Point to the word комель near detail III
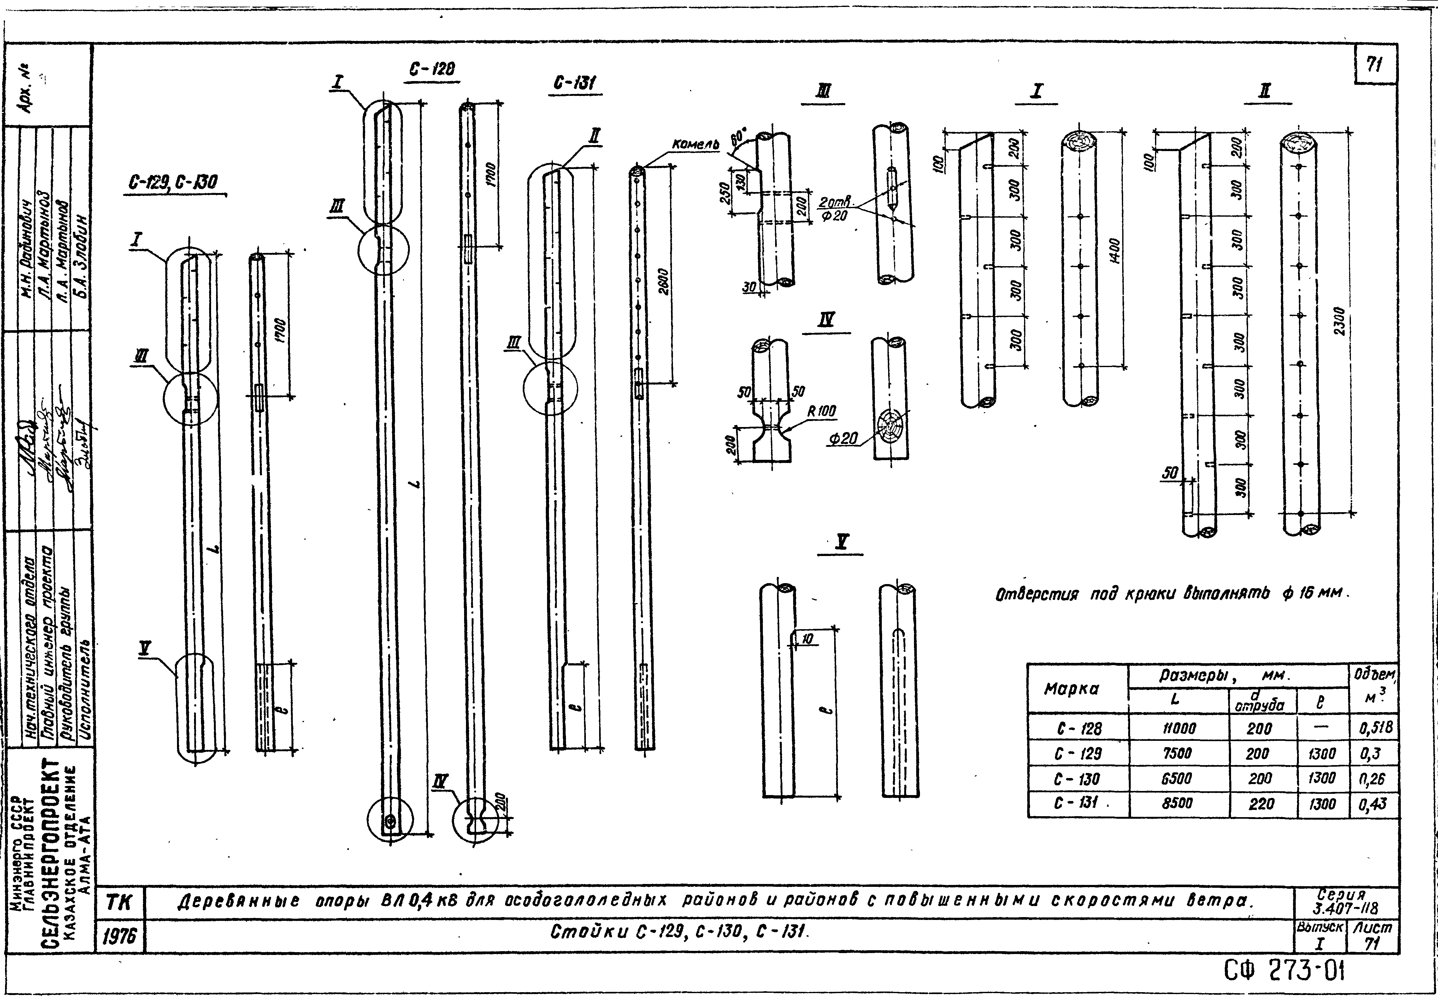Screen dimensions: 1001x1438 coord(695,145)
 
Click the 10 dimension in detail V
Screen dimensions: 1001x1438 coord(807,639)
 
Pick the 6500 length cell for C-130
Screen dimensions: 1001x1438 coord(1177,779)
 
